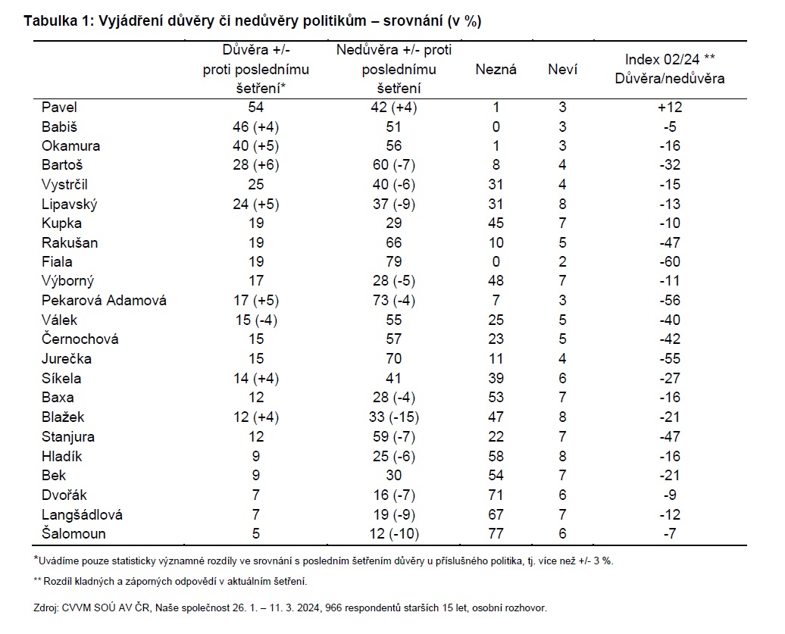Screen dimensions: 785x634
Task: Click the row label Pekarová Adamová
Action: click(104, 300)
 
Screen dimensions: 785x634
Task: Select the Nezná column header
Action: click(496, 69)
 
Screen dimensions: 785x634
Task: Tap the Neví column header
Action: click(562, 69)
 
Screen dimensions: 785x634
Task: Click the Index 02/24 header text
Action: click(662, 60)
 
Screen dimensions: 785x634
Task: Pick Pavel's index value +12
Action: click(670, 107)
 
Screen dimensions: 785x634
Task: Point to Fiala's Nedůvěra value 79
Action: click(393, 262)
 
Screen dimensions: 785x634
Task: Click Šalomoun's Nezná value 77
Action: click(496, 533)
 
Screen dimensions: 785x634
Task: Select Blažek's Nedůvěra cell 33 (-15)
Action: click(393, 417)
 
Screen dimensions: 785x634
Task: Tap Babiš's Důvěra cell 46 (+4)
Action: click(256, 126)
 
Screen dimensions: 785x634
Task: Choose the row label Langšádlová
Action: click(82, 514)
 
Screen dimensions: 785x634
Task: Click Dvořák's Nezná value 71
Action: click(496, 495)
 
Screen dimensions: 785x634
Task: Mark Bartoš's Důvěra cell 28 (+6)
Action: click(256, 164)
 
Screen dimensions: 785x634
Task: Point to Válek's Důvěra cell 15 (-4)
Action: click(256, 320)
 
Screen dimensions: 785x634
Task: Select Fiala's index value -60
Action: click(670, 262)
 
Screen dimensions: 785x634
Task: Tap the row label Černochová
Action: click(80, 339)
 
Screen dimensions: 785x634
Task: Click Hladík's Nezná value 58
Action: click(496, 456)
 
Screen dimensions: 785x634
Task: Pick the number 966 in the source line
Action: click(333, 608)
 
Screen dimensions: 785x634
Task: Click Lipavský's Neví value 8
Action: click(562, 205)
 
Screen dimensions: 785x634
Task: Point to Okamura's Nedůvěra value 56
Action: click(393, 145)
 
